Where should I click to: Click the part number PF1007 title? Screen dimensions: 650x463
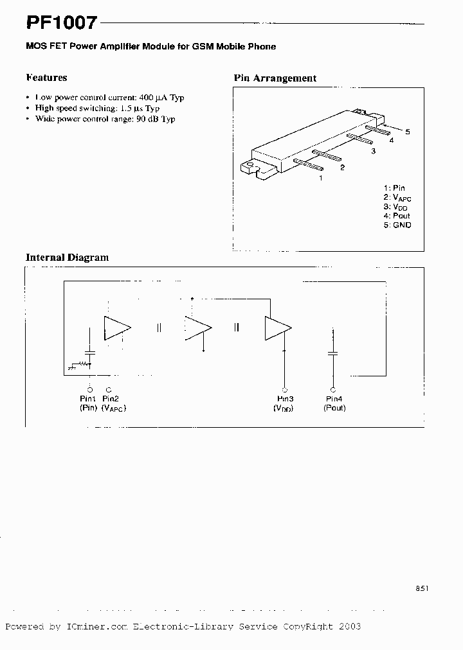[x=62, y=23]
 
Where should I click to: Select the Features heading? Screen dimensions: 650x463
[x=46, y=78]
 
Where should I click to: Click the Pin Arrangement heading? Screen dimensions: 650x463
[x=275, y=78]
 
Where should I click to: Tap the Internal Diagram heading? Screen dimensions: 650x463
[x=67, y=258]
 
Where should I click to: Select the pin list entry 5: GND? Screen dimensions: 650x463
[x=397, y=225]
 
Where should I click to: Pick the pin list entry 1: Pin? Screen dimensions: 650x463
[x=394, y=188]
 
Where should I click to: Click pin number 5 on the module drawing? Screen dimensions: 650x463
[x=408, y=132]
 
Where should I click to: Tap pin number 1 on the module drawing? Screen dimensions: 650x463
[x=320, y=178]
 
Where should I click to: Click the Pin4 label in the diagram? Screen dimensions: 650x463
[x=333, y=400]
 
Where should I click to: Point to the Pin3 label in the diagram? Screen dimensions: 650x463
[x=284, y=400]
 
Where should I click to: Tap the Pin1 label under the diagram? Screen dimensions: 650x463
[x=89, y=400]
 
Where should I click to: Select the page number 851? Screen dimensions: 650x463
[x=422, y=588]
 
